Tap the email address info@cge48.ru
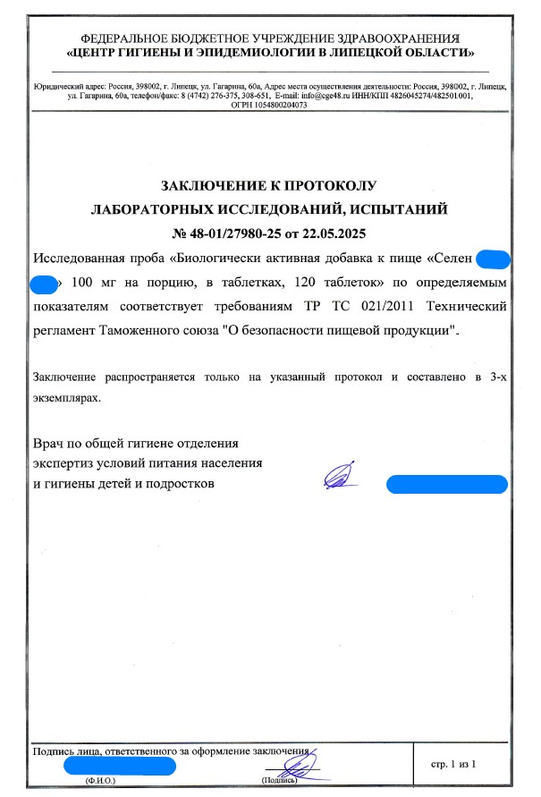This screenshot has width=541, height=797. coord(313,95)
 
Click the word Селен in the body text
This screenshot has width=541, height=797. coord(452,260)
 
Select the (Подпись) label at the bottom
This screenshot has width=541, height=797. coord(278,781)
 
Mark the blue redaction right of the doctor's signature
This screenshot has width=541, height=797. coord(446,484)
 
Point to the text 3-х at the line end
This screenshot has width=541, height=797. coord(497,378)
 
